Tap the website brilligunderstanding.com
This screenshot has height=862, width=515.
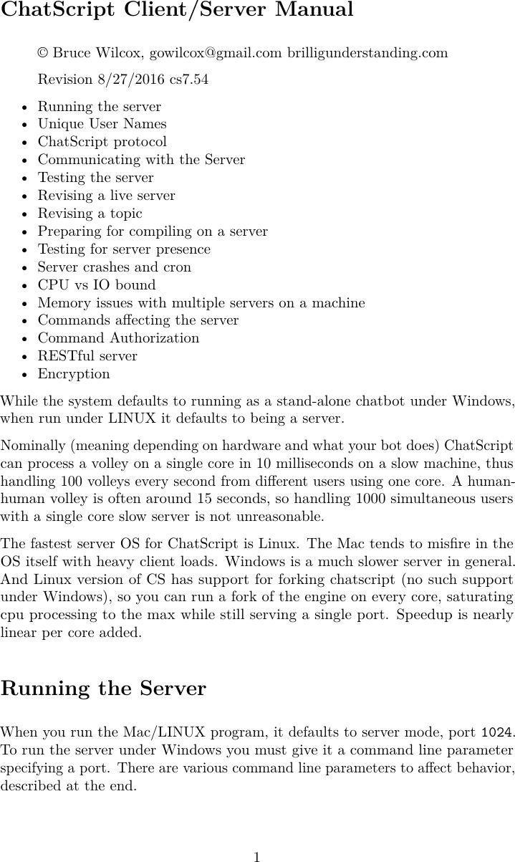tap(367, 53)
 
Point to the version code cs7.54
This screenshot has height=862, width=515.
tap(189, 80)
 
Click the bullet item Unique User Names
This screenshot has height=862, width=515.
tap(102, 124)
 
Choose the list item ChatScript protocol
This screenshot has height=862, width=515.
tap(102, 142)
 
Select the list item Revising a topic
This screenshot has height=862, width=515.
tap(90, 214)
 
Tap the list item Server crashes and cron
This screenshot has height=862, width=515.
tap(115, 267)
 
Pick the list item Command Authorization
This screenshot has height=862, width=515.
tap(118, 338)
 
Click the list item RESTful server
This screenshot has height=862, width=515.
tap(87, 356)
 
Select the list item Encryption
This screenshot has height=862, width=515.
tap(74, 374)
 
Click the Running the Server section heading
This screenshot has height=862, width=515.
tap(103, 689)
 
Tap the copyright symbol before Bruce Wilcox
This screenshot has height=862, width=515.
tap(43, 54)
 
